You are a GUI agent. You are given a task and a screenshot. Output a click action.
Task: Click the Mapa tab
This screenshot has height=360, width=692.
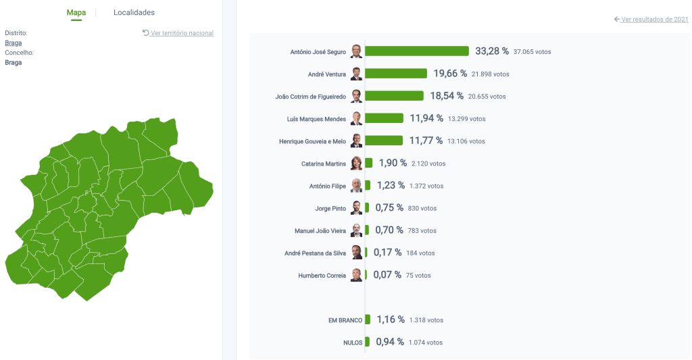pyautogui.click(x=76, y=13)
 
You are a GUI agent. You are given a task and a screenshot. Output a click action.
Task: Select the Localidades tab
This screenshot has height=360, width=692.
pyautogui.click(x=134, y=13)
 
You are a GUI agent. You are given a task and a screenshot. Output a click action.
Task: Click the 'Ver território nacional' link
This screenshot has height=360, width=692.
pyautogui.click(x=182, y=33)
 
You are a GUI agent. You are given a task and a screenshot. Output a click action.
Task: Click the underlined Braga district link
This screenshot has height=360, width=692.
pyautogui.click(x=13, y=43)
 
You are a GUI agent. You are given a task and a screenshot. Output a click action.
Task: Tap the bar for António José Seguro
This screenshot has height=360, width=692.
pyautogui.click(x=417, y=51)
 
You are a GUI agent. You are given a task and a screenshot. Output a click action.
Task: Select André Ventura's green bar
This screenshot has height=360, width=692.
pyautogui.click(x=396, y=74)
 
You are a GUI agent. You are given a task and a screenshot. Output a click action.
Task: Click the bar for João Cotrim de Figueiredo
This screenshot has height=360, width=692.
pyautogui.click(x=394, y=96)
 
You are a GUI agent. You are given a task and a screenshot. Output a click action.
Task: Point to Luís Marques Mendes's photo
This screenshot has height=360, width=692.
pyautogui.click(x=356, y=119)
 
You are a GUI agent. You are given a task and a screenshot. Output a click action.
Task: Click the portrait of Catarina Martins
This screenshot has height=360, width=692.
pyautogui.click(x=356, y=163)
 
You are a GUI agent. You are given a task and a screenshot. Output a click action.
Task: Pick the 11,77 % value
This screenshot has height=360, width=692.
pyautogui.click(x=426, y=141)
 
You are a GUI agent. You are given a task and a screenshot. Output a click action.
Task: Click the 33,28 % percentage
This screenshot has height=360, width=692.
pyautogui.click(x=492, y=51)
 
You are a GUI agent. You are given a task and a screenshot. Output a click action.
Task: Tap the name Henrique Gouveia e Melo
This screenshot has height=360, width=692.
pyautogui.click(x=312, y=141)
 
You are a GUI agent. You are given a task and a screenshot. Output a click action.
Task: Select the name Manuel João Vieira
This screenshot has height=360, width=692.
pyautogui.click(x=320, y=231)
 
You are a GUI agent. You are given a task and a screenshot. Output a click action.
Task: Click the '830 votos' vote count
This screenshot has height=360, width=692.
pyautogui.click(x=422, y=209)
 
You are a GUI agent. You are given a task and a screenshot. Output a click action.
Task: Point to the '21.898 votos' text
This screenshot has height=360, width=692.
pyautogui.click(x=491, y=74)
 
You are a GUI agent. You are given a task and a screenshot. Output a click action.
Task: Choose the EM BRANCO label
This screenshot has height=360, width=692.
pyautogui.click(x=345, y=320)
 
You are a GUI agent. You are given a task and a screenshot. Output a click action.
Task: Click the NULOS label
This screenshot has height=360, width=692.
pyautogui.click(x=353, y=342)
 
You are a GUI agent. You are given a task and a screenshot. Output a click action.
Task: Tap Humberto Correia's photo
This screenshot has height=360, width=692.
pyautogui.click(x=356, y=275)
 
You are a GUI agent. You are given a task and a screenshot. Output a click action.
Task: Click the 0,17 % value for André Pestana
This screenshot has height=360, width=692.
pyautogui.click(x=387, y=253)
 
